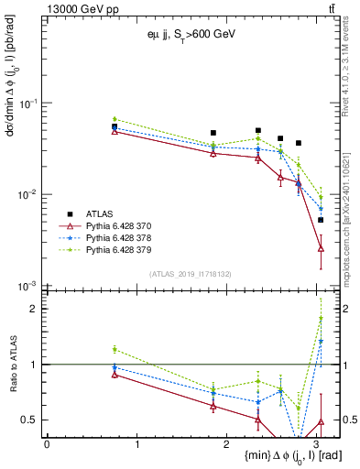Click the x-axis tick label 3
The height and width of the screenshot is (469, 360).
click(x=316, y=444)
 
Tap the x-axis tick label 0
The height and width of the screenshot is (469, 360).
click(x=47, y=444)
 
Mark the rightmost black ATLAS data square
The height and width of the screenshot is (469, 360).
click(x=321, y=220)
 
